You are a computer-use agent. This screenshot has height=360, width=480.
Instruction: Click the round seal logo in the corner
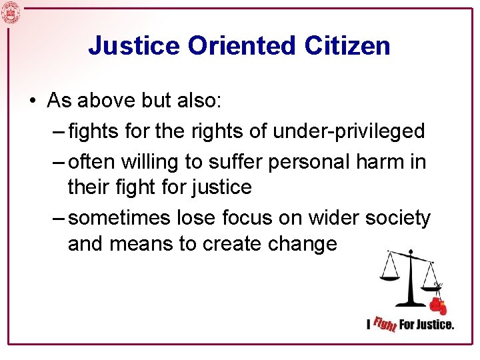pyautogui.click(x=11, y=12)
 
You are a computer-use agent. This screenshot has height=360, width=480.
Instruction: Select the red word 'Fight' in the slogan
pyautogui.click(x=385, y=324)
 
